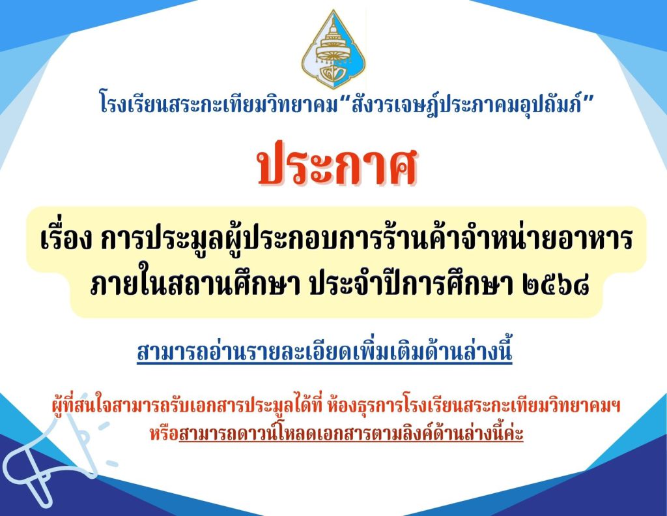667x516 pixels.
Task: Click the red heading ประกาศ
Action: (337, 164)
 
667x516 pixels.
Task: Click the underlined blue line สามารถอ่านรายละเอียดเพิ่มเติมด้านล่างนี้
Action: (324, 352)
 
